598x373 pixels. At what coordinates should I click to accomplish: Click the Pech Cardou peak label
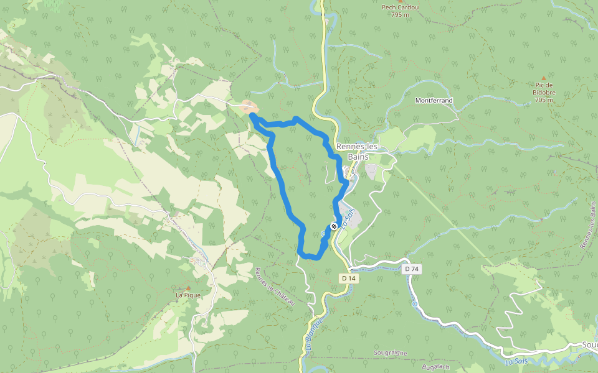(x=400, y=7)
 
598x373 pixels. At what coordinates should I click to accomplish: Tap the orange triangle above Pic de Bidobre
(x=543, y=78)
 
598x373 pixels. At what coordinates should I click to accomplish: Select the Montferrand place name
(x=434, y=100)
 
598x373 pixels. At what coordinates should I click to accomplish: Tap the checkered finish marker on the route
(x=334, y=226)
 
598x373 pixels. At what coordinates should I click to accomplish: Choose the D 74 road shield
(x=410, y=269)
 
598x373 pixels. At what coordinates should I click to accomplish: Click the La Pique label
(x=187, y=295)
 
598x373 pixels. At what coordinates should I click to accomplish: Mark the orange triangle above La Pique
(x=187, y=288)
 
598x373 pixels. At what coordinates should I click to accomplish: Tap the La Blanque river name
(x=313, y=334)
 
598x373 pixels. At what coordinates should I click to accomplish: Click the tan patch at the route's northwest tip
(x=247, y=106)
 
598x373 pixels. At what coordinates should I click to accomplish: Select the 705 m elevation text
(x=543, y=99)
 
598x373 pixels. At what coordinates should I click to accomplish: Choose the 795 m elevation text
(x=400, y=14)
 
